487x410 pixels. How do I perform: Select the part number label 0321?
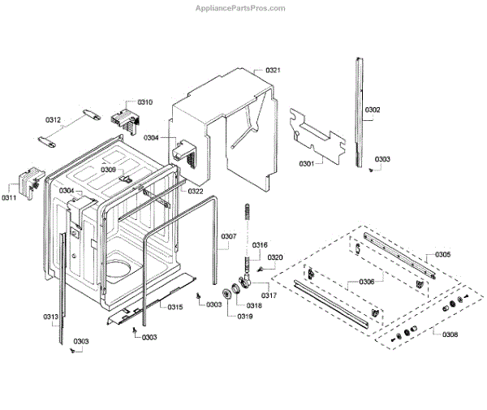point(273,71)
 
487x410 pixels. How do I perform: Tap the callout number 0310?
point(144,102)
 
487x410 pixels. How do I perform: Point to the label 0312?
point(53,120)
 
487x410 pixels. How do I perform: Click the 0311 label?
point(9,198)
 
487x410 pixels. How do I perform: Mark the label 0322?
point(196,191)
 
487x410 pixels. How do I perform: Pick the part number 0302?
point(373,110)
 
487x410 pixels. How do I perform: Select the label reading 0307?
point(228,237)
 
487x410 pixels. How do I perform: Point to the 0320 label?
point(276,257)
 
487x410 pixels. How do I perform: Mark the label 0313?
point(50,317)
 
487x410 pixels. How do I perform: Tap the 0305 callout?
point(442,255)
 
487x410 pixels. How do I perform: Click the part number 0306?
point(366,282)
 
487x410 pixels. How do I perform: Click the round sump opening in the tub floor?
point(122,268)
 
